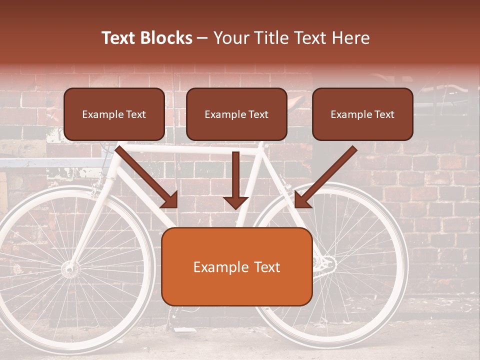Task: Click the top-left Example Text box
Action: (114, 114)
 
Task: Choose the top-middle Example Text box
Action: (236, 114)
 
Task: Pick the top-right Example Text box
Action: (362, 114)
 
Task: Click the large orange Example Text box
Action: (237, 266)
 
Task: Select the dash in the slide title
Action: (203, 38)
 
